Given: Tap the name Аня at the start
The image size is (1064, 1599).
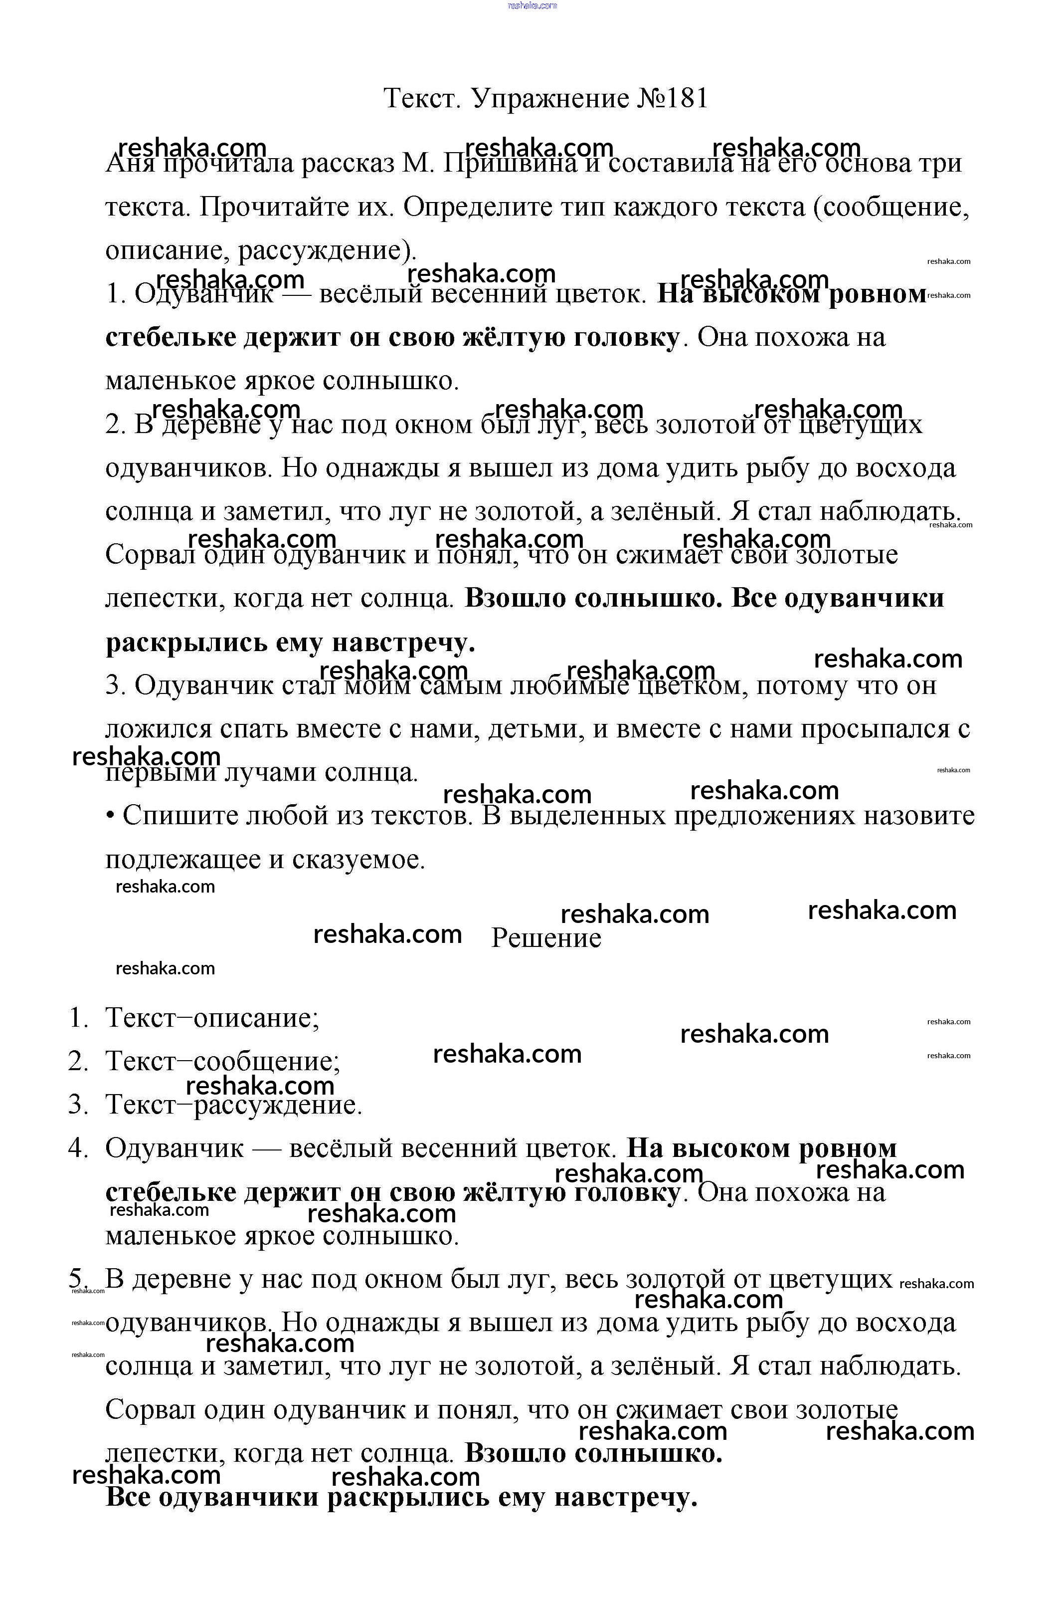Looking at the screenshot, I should pyautogui.click(x=130, y=164).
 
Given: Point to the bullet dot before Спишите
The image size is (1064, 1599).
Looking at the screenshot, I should pyautogui.click(x=110, y=816).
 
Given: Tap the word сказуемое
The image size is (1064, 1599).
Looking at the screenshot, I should pyautogui.click(x=358, y=860).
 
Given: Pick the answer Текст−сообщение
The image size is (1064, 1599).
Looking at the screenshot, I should pyautogui.click(x=222, y=1061).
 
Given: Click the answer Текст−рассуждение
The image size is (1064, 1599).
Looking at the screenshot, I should pyautogui.click(x=233, y=1105).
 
